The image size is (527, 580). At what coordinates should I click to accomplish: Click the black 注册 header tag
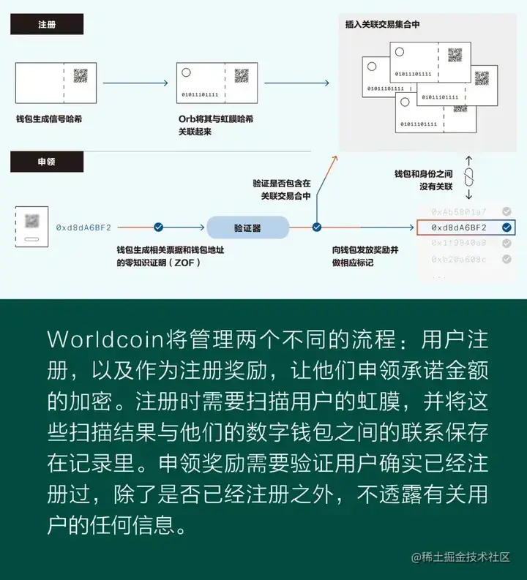click(x=46, y=24)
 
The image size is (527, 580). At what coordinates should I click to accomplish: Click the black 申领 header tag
click(x=46, y=162)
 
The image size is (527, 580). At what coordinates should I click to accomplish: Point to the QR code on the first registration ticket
click(x=81, y=75)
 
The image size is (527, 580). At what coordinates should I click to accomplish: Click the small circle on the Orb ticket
click(x=186, y=72)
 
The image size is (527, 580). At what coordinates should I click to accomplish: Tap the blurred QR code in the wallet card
click(x=31, y=220)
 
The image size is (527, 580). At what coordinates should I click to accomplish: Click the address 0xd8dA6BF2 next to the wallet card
click(x=83, y=228)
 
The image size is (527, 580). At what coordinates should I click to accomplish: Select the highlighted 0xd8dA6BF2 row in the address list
click(x=465, y=228)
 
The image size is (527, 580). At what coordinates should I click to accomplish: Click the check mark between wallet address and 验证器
click(x=159, y=228)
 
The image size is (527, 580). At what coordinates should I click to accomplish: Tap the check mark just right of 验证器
click(x=317, y=228)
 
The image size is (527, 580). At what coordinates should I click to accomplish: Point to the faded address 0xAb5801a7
click(x=458, y=211)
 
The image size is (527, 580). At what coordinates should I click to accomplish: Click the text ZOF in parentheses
click(x=187, y=262)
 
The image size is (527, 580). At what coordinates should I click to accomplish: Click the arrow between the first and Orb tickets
click(x=136, y=83)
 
